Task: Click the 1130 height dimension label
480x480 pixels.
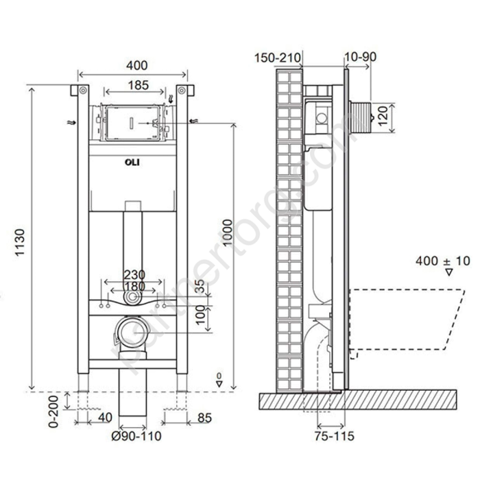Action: click(20, 243)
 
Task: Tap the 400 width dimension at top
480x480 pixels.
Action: click(137, 65)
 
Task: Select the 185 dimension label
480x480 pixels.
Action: click(139, 85)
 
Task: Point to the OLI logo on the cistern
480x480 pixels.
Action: click(132, 163)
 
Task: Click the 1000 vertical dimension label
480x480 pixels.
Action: click(228, 232)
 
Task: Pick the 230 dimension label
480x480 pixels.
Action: click(134, 275)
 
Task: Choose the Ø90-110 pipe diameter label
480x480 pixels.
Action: click(136, 436)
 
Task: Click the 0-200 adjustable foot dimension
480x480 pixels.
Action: click(53, 411)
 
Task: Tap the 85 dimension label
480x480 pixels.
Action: click(205, 418)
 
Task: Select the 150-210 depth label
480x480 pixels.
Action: click(277, 58)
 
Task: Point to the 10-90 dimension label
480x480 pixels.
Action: click(360, 57)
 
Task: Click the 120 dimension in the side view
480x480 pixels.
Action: click(383, 116)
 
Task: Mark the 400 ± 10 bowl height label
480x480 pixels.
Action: click(443, 261)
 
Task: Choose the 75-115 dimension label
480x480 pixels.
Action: click(335, 436)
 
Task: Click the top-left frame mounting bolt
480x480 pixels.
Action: click(83, 91)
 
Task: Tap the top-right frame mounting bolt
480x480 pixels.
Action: click(182, 91)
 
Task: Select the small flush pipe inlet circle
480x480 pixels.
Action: click(133, 297)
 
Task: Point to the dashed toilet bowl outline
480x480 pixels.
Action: click(407, 320)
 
